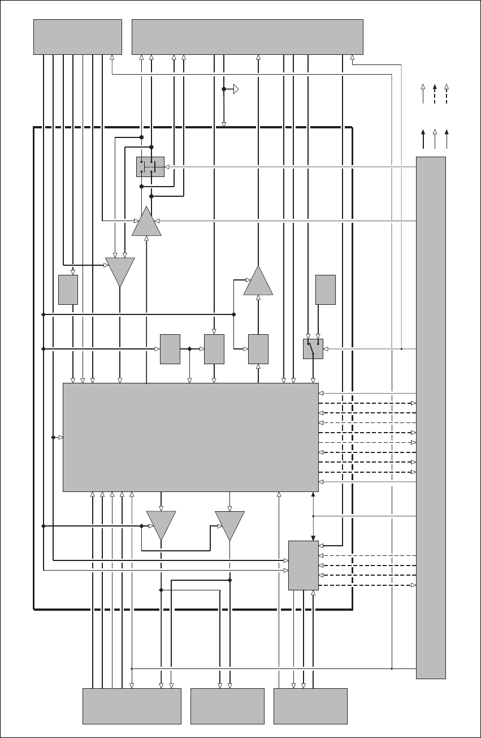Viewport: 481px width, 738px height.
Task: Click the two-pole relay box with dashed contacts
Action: tap(150, 167)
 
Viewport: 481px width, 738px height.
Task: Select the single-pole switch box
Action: tap(313, 349)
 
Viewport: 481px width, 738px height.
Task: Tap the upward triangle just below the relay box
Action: tap(146, 222)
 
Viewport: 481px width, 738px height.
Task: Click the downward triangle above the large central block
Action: tap(120, 271)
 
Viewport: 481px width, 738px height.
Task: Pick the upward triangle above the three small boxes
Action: tap(258, 282)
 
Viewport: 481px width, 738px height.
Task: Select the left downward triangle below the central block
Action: tap(161, 524)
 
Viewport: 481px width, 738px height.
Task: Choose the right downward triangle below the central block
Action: tap(229, 524)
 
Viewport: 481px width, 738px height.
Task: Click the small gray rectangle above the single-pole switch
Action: tap(326, 290)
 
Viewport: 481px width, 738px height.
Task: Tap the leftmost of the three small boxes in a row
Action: tap(170, 349)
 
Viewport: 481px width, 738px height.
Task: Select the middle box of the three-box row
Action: tap(214, 349)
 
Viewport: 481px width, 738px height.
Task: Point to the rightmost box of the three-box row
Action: tap(258, 349)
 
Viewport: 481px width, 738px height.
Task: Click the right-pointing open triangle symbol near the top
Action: tap(236, 89)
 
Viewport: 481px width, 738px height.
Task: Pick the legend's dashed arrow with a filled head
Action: tap(435, 94)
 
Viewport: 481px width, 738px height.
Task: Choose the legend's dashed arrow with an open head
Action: tap(447, 94)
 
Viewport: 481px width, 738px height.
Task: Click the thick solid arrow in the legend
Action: tap(423, 139)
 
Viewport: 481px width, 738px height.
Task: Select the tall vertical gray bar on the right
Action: tap(431, 417)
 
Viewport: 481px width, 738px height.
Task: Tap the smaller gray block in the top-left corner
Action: tap(77, 37)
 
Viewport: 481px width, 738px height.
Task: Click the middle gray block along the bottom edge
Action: tap(227, 706)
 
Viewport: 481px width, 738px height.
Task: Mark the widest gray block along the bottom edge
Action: tap(132, 706)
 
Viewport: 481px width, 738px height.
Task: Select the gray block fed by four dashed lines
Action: tap(304, 565)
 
